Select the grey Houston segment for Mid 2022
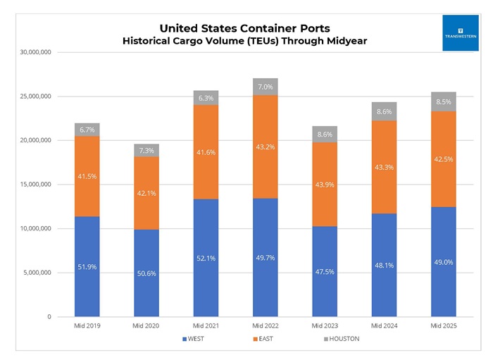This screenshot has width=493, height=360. (x=266, y=87)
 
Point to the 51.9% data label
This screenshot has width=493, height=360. (x=87, y=267)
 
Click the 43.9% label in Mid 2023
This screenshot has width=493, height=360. (x=325, y=185)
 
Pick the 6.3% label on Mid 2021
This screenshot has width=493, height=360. (x=206, y=98)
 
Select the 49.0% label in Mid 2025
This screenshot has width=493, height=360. (x=444, y=262)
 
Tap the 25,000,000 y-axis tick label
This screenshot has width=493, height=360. (x=31, y=97)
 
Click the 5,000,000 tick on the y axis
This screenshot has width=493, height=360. (x=33, y=273)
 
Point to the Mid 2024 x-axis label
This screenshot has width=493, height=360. (x=385, y=326)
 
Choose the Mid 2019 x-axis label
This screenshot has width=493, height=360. (x=87, y=326)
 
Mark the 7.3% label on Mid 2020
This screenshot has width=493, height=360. (x=146, y=151)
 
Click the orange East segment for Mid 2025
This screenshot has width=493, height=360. (x=444, y=159)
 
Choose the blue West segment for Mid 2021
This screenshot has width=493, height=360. (x=206, y=258)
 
